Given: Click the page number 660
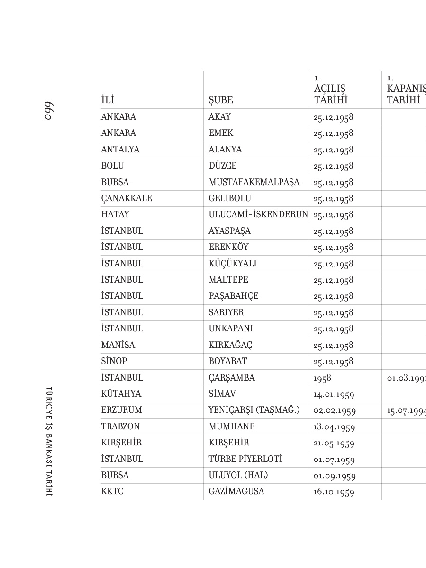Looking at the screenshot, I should click(x=47, y=111).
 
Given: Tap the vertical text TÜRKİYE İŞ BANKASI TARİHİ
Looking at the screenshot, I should click(x=48, y=441).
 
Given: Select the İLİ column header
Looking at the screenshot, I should click(x=108, y=100).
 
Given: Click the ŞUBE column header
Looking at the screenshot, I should click(x=221, y=100).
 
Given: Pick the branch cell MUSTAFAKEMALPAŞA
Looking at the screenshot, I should click(x=254, y=182).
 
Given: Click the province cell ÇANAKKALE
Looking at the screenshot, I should click(x=127, y=198).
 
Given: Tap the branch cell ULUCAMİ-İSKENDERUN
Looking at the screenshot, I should click(x=258, y=214).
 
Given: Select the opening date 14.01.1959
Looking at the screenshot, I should click(x=334, y=394).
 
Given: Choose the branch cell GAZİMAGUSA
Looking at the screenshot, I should click(x=236, y=491).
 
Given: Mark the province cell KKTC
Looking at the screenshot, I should click(x=112, y=491).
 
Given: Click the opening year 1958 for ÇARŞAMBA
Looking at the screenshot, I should click(x=322, y=378).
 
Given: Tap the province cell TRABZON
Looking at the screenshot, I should click(x=120, y=426).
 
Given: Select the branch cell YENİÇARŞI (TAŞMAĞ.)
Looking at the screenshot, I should click(x=254, y=410).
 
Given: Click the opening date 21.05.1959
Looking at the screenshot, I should click(x=334, y=443).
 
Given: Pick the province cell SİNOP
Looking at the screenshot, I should click(x=114, y=361).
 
